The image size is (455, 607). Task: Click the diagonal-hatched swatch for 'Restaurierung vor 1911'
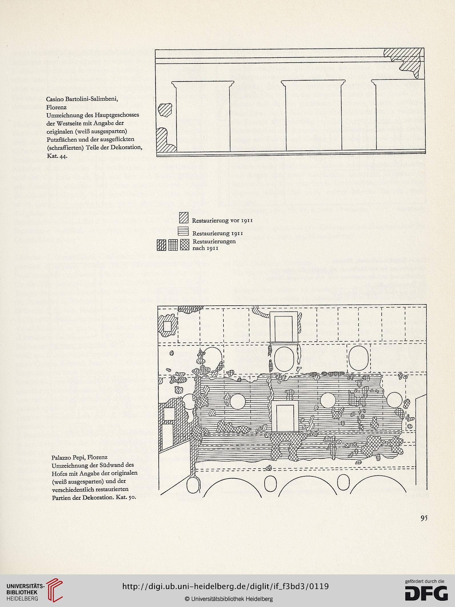(184, 218)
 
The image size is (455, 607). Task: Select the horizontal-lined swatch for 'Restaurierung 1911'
(183, 231)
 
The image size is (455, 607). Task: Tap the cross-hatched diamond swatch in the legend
(185, 245)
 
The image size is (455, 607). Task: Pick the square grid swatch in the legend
(173, 245)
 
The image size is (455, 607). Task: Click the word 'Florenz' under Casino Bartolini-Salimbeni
(57, 107)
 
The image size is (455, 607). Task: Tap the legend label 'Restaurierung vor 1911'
(222, 220)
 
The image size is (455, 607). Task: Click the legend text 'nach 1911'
(206, 248)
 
